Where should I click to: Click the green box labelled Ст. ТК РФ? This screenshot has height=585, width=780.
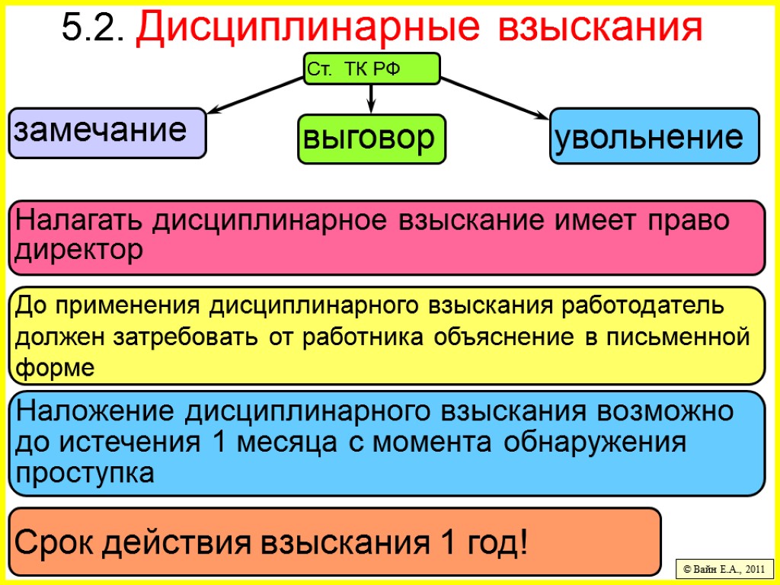coord(372,69)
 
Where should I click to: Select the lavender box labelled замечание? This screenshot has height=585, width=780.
coord(107,133)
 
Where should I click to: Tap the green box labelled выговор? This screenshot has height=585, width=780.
coord(371,139)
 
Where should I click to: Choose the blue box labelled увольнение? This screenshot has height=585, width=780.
coord(654,136)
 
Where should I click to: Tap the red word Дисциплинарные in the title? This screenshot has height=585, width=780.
coord(309,29)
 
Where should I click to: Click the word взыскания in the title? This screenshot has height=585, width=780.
coord(599,29)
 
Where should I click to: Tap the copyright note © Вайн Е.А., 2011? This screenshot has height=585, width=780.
coord(724,569)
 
